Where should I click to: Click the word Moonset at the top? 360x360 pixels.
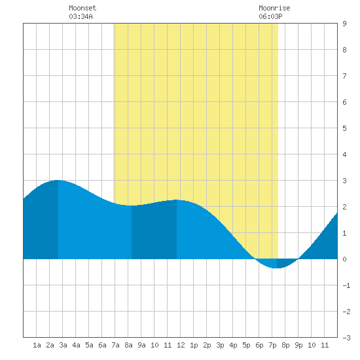(82, 8)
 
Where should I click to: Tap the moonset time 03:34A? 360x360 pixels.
(81, 16)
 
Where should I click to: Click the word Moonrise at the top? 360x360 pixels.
(274, 8)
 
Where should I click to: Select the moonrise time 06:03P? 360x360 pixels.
(270, 16)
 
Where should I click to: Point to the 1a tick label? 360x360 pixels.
(37, 345)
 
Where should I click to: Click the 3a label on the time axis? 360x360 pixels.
(63, 345)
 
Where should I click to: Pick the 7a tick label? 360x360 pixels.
(115, 345)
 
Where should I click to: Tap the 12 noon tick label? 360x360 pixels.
(181, 345)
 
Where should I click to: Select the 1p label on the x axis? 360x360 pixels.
(194, 345)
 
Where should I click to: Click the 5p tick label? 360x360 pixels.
(246, 345)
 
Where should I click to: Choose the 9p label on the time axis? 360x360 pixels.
(298, 345)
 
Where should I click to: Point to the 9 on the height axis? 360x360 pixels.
(344, 24)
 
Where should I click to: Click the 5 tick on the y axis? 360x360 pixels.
(344, 128)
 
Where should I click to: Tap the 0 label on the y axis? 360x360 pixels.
(344, 259)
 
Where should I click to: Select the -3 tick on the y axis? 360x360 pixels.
(346, 338)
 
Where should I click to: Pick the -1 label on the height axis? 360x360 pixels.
(346, 285)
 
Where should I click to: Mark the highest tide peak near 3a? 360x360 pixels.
(58, 180)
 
